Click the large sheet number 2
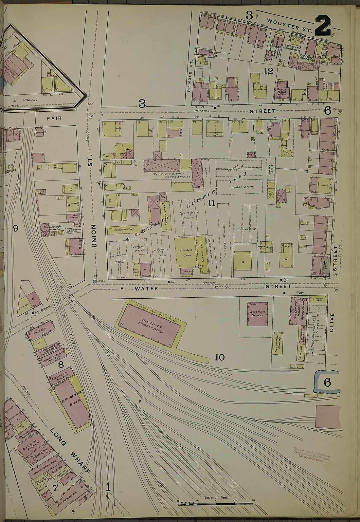[x=323, y=26]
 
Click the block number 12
[x=268, y=71]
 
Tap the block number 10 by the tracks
[x=220, y=357]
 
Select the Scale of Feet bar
[x=216, y=504]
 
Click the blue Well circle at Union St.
[x=95, y=281]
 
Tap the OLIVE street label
[x=333, y=322]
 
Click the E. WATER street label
[x=139, y=289]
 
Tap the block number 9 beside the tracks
[x=15, y=229]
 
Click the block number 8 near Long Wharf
[x=61, y=364]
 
